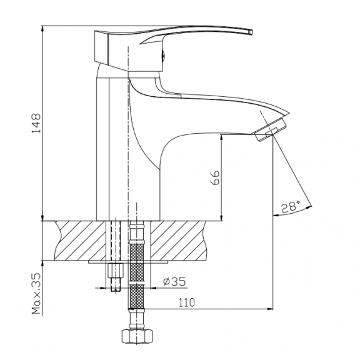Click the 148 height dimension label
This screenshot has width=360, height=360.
(36, 123)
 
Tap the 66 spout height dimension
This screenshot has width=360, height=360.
(215, 177)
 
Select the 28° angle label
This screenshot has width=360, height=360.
(291, 207)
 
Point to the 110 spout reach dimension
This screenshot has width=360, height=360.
(186, 302)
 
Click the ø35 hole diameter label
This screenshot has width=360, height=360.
(174, 281)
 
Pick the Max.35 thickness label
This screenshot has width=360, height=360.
(36, 293)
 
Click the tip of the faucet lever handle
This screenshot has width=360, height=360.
(251, 32)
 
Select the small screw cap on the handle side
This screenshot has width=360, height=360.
(163, 56)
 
